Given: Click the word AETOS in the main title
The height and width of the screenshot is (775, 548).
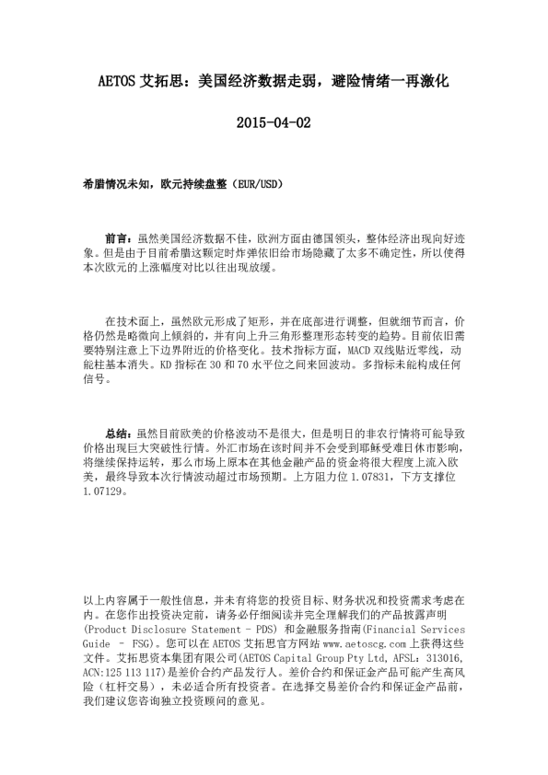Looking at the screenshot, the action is [x=117, y=81].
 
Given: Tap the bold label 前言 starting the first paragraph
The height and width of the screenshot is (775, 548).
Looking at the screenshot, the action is [x=119, y=237].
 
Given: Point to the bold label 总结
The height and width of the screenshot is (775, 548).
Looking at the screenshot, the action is [x=119, y=430].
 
